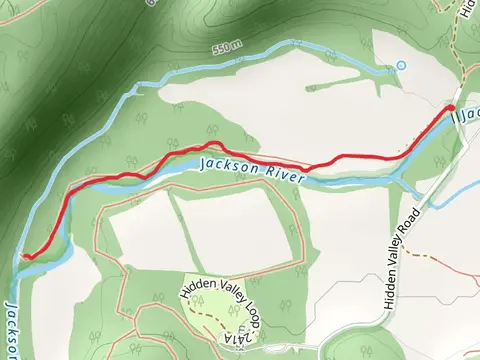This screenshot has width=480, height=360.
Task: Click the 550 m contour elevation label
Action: [228, 48]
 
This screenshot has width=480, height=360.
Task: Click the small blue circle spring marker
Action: [402, 66]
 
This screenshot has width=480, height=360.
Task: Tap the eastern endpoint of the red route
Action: [451, 108]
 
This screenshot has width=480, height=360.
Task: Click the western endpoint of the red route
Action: [22, 257]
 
